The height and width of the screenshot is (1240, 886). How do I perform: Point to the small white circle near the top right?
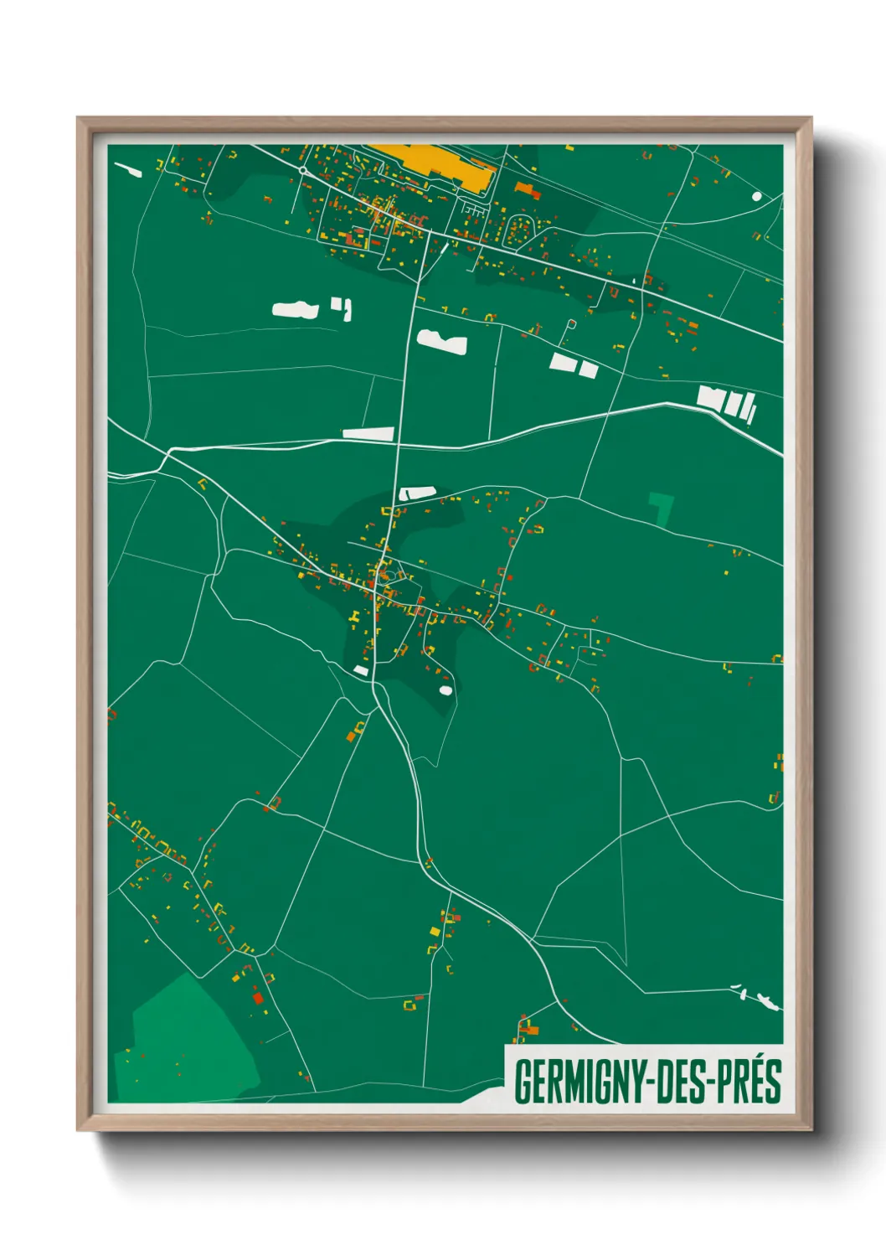(x=757, y=196)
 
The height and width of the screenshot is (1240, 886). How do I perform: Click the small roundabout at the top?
(x=302, y=170)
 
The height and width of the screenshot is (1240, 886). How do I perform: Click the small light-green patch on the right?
(x=662, y=508)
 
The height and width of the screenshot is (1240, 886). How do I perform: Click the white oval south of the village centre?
(x=446, y=690)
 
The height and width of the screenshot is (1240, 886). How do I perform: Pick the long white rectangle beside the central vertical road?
(x=368, y=433)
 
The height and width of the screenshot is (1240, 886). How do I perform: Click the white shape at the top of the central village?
(x=417, y=493)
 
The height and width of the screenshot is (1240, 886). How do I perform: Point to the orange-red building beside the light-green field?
(x=258, y=997)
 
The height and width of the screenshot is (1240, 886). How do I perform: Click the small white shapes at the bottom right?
(x=757, y=996)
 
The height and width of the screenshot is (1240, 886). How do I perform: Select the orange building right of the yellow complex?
(x=526, y=189)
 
